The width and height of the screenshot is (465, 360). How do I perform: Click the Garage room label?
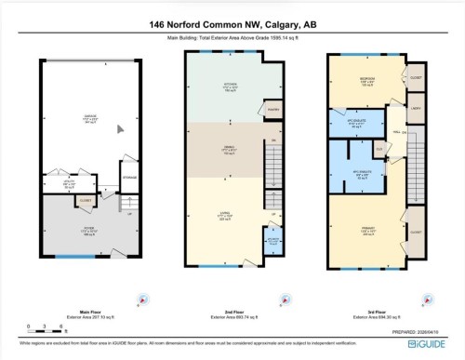[89, 117]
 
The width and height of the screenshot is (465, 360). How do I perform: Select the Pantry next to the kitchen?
[273, 110]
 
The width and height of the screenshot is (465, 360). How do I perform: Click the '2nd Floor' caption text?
[232, 313]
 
